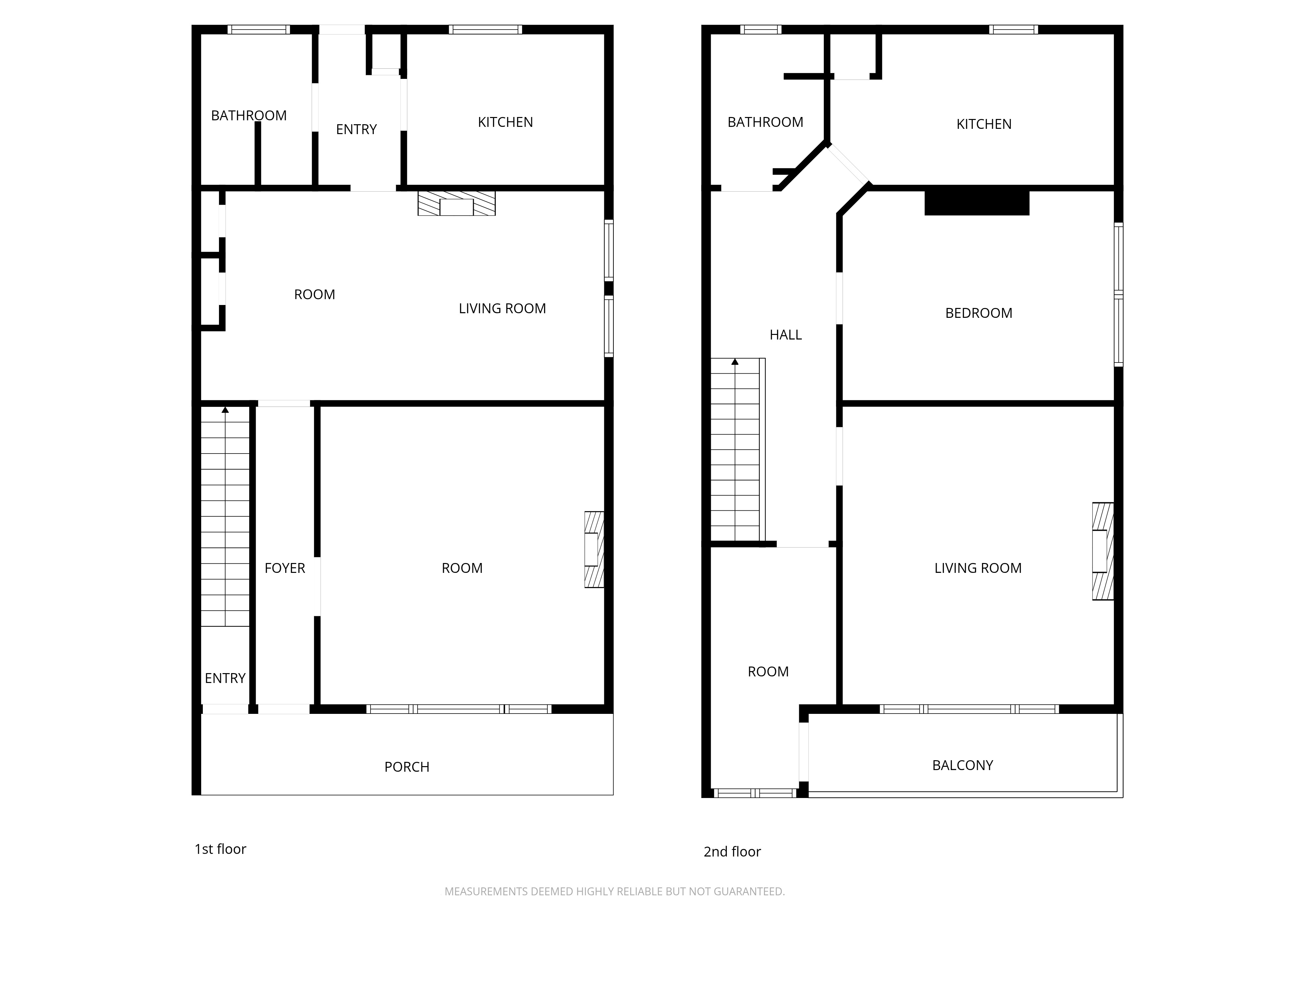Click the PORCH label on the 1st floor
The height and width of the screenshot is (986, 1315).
tap(407, 767)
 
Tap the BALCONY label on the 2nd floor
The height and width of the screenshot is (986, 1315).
tap(963, 765)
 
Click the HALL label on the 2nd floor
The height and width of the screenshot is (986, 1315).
tap(785, 335)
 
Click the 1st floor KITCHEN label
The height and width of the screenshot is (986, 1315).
tap(505, 122)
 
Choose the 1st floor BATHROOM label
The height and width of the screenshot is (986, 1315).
tap(249, 115)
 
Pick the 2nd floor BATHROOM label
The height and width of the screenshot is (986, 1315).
tap(765, 122)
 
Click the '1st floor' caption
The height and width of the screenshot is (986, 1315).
tap(220, 849)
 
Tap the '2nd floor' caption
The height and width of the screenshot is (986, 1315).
tap(732, 851)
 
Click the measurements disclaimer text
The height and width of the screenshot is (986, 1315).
tap(615, 891)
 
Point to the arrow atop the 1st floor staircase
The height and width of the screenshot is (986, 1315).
tap(225, 410)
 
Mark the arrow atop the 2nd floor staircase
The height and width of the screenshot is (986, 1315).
tap(735, 361)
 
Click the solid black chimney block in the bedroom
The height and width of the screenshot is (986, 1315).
tap(977, 203)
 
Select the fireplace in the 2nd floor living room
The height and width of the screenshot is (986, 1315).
tap(1103, 551)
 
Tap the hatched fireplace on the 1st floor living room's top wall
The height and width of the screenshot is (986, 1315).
tap(457, 203)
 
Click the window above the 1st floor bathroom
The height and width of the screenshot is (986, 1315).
tap(259, 29)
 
